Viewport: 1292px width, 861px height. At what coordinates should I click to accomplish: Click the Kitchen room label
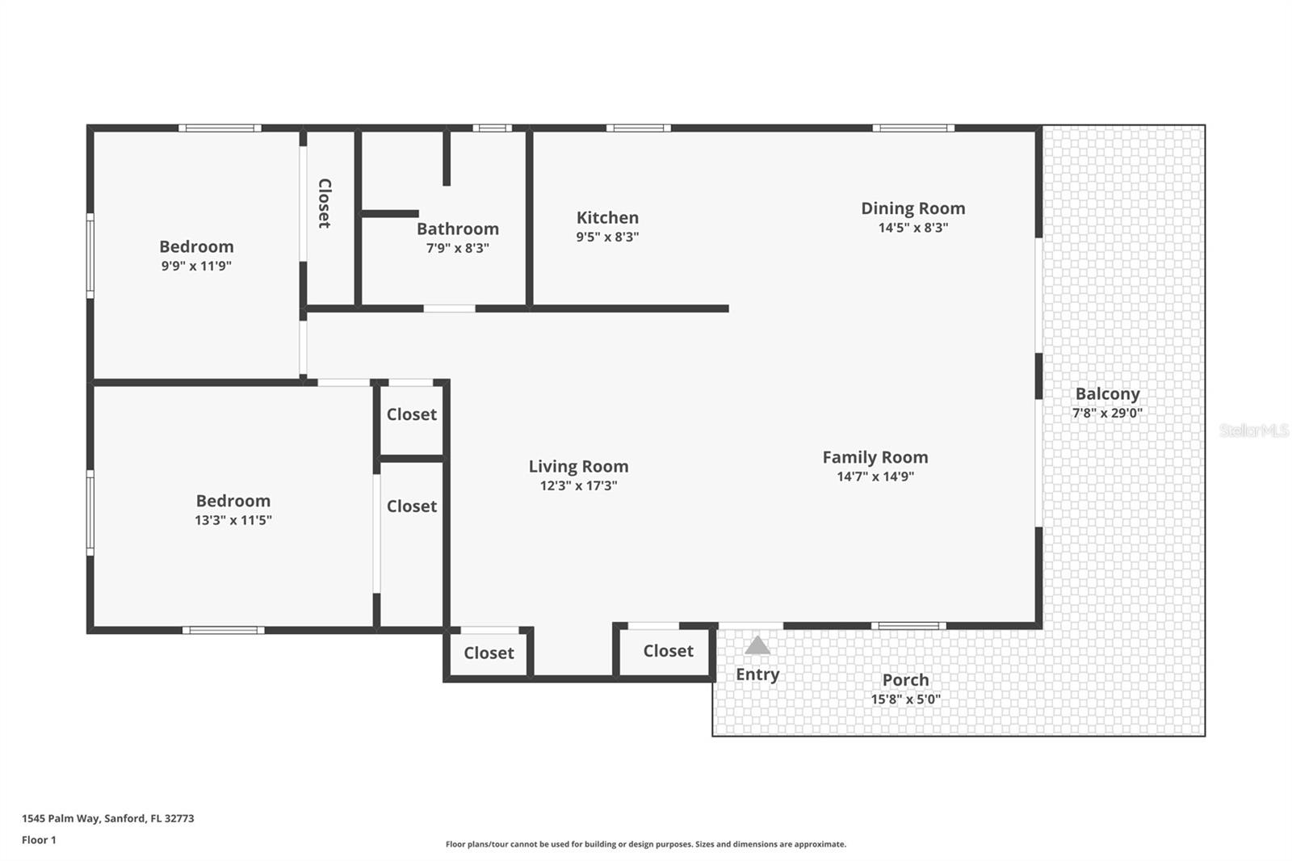607,218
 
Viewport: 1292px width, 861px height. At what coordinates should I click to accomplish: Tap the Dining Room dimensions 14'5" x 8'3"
912,228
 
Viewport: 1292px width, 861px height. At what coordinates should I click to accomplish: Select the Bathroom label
457,229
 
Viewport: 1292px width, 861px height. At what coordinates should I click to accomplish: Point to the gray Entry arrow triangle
757,645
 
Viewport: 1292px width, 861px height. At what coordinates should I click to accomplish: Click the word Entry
757,674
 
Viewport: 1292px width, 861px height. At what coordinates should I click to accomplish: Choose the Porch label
905,680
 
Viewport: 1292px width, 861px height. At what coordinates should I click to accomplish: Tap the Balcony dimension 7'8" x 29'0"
1106,413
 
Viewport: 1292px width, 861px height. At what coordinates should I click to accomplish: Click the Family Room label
875,457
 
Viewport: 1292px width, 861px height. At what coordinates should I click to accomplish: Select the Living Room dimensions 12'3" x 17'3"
578,485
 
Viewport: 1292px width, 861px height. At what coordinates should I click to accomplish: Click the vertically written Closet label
324,204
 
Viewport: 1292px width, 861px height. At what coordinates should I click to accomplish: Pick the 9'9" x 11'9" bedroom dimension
196,266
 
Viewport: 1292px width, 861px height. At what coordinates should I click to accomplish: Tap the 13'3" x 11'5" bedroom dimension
233,520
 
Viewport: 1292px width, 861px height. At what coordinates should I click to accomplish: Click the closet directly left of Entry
668,651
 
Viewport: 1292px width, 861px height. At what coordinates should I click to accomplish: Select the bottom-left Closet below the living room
489,653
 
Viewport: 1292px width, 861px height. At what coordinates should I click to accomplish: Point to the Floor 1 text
39,840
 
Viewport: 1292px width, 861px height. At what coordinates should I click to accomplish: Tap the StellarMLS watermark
1253,430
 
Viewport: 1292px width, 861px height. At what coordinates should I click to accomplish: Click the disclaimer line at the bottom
645,844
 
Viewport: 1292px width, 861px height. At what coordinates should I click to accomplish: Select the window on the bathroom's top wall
492,128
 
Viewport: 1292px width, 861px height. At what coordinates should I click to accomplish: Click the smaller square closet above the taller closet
411,415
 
